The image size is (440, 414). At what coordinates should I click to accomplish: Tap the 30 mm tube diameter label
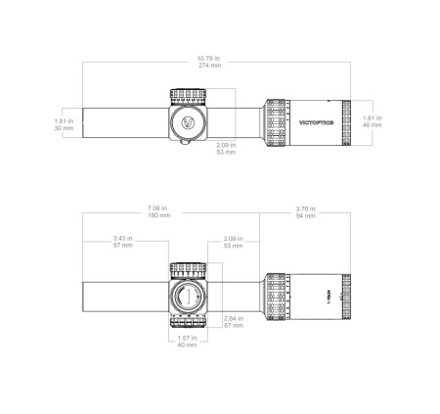pyautogui.click(x=65, y=124)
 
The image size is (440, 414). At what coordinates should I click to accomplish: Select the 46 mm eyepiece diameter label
pyautogui.click(x=373, y=122)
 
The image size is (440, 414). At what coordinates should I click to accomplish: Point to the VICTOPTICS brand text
pyautogui.click(x=316, y=124)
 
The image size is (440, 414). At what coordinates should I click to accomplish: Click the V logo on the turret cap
pyautogui.click(x=188, y=124)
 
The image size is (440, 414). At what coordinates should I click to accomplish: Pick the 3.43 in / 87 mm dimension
pyautogui.click(x=123, y=242)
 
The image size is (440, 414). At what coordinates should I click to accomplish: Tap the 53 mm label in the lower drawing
pyautogui.click(x=233, y=242)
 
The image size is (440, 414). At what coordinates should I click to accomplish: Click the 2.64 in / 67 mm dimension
pyautogui.click(x=234, y=322)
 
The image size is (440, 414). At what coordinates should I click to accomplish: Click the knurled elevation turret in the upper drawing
pyautogui.click(x=188, y=96)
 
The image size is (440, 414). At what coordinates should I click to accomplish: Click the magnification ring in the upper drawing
pyautogui.click(x=276, y=123)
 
